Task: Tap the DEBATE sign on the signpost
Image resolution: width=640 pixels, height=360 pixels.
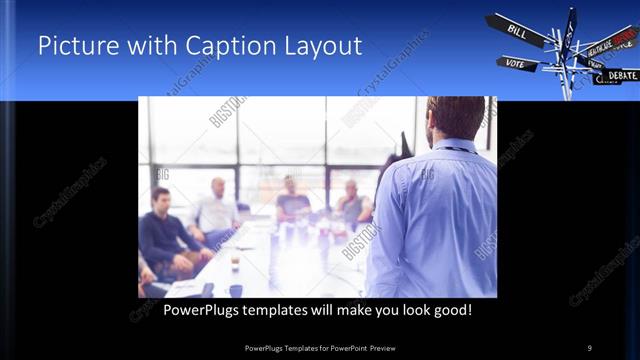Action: (x=620, y=75)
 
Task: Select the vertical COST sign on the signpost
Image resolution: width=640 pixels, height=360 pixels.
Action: (x=569, y=30)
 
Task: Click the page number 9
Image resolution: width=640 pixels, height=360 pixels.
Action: (x=589, y=347)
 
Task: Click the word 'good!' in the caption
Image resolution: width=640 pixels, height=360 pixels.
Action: (x=450, y=310)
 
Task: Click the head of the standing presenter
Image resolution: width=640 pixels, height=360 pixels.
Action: (x=455, y=115)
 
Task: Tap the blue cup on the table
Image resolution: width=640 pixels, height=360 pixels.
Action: (x=236, y=291)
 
